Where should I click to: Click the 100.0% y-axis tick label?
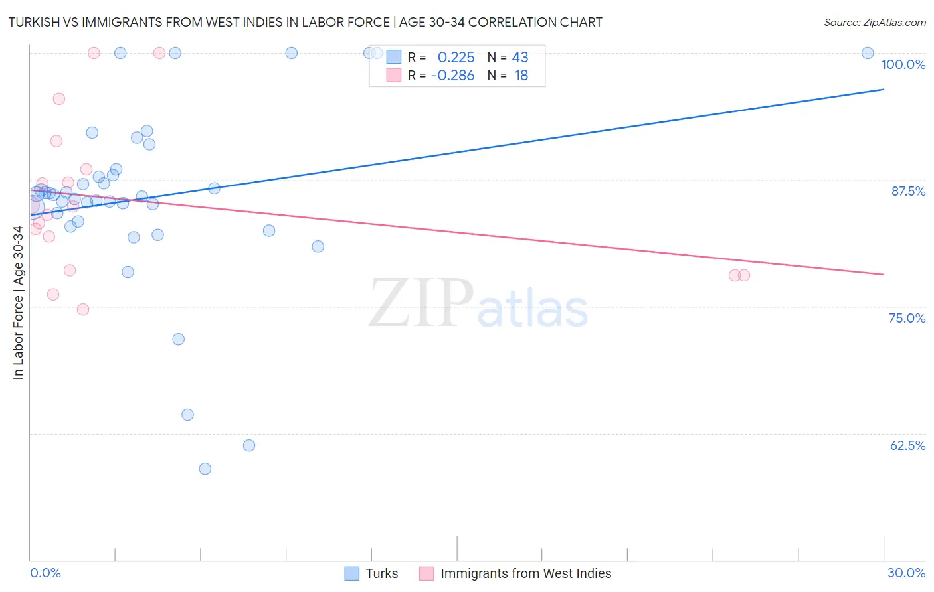pyautogui.click(x=903, y=64)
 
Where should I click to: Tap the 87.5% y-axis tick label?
pyautogui.click(x=908, y=191)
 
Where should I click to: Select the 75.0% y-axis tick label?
pyautogui.click(x=907, y=318)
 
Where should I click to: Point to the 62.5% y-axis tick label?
pyautogui.click(x=907, y=445)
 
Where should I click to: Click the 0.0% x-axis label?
pyautogui.click(x=45, y=573)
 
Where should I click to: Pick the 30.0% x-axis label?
pyautogui.click(x=906, y=573)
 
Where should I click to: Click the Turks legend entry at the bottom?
pyautogui.click(x=381, y=573)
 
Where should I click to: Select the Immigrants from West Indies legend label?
pyautogui.click(x=525, y=573)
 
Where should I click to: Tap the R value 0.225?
pyautogui.click(x=456, y=58)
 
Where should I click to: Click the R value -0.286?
pyautogui.click(x=452, y=76)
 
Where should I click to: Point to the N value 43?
pyautogui.click(x=519, y=58)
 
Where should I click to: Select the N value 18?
pyautogui.click(x=521, y=76)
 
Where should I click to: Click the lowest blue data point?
pyautogui.click(x=205, y=469)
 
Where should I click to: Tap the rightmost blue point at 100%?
pyautogui.click(x=868, y=53)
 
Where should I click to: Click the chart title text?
pyautogui.click(x=305, y=22)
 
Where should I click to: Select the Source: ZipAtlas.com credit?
pyautogui.click(x=874, y=23)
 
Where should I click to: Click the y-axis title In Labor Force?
pyautogui.click(x=18, y=303)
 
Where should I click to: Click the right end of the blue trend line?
pyautogui.click(x=884, y=89)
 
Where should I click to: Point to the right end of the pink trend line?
pyautogui.click(x=884, y=274)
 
